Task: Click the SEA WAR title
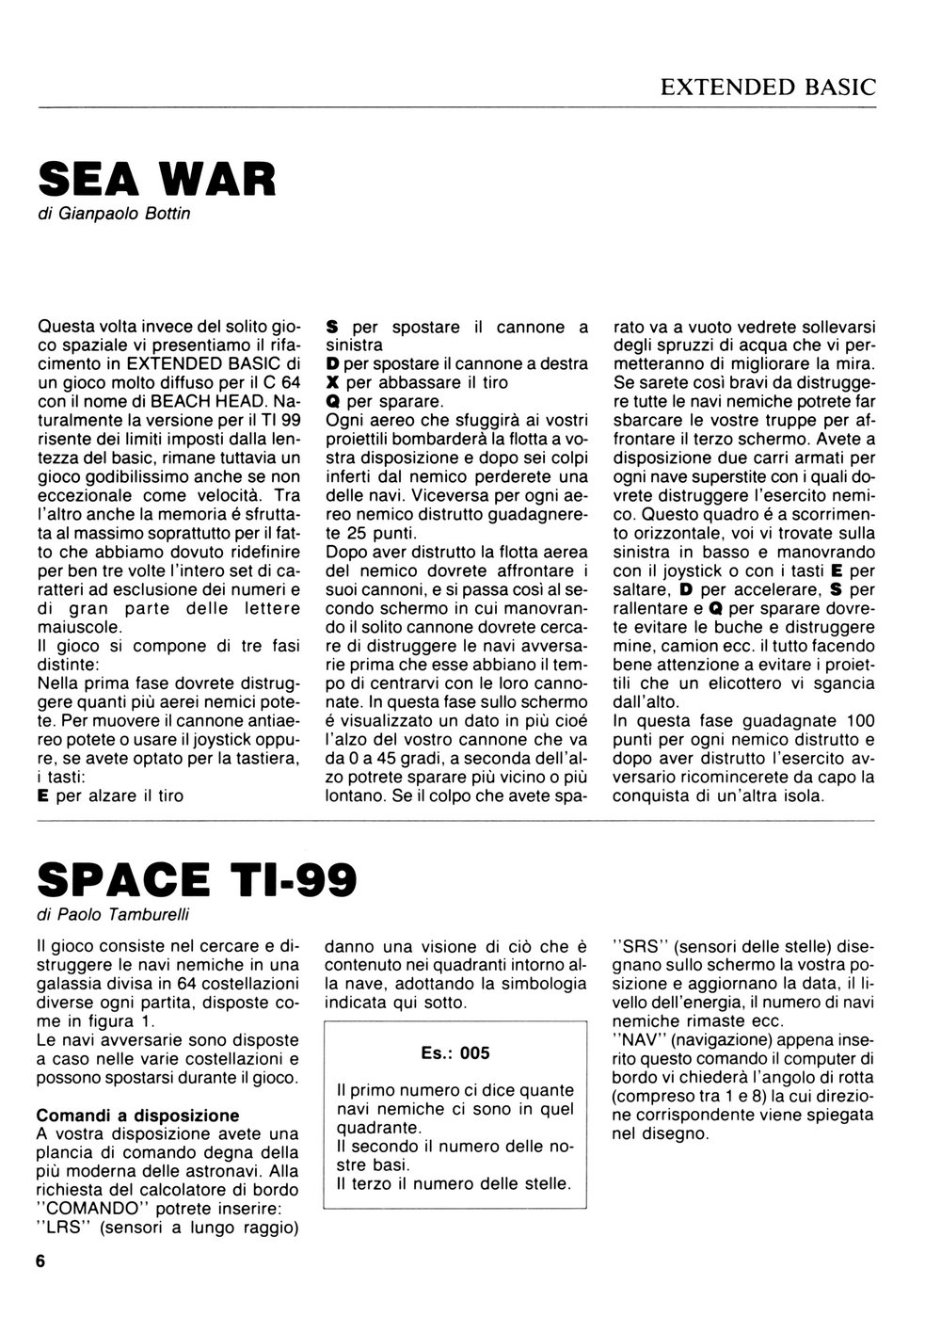click(x=156, y=178)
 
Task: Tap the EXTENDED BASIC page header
click(x=768, y=88)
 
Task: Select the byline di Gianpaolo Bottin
click(x=113, y=214)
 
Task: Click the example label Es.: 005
click(x=455, y=1053)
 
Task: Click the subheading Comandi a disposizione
click(x=137, y=1116)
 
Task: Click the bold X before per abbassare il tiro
click(x=332, y=383)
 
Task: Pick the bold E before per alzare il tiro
click(x=42, y=795)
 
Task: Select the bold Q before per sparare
click(x=332, y=401)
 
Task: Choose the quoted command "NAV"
click(x=638, y=1043)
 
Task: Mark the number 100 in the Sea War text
click(x=860, y=722)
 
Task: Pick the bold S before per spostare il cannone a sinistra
click(x=332, y=328)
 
